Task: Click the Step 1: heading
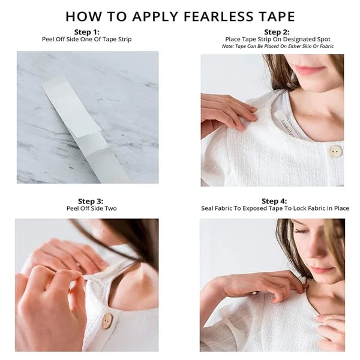pyautogui.click(x=87, y=32)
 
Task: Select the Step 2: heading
pyautogui.click(x=277, y=32)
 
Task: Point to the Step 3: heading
pyautogui.click(x=91, y=201)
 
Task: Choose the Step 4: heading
pyautogui.click(x=274, y=201)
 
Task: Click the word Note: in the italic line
pyautogui.click(x=228, y=46)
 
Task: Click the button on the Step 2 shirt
pyautogui.click(x=335, y=152)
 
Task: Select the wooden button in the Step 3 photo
pyautogui.click(x=107, y=321)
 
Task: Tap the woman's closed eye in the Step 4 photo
pyautogui.click(x=301, y=231)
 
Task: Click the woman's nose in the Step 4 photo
pyautogui.click(x=318, y=255)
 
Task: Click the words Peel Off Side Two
pyautogui.click(x=92, y=208)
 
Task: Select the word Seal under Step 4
pyautogui.click(x=206, y=208)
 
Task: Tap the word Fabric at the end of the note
pyautogui.click(x=327, y=46)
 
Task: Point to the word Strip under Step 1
pyautogui.click(x=125, y=39)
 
